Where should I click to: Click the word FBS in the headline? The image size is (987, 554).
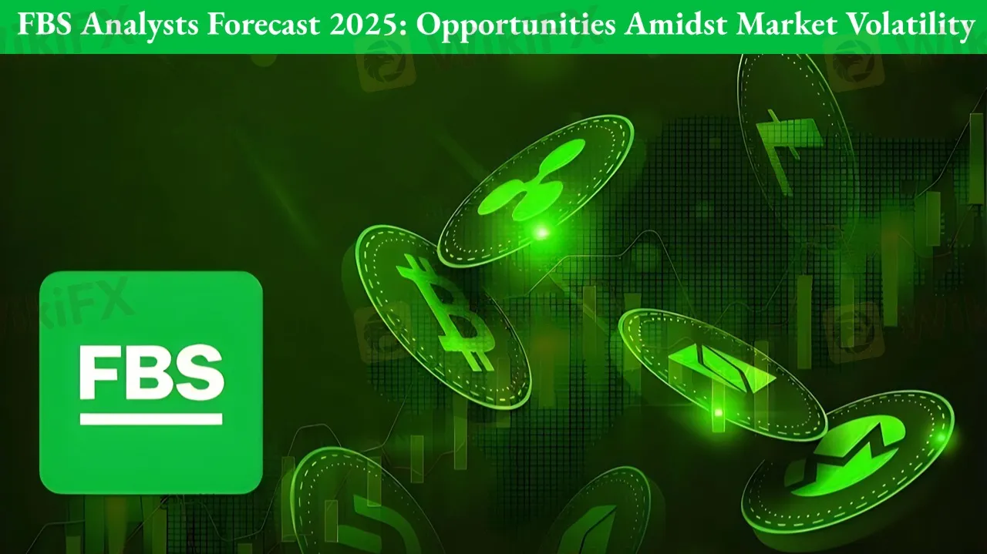pos(45,24)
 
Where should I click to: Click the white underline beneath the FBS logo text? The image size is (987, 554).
pos(151,419)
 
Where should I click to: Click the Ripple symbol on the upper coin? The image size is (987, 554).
pos(531,179)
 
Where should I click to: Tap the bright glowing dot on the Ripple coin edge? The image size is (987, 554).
pos(542,232)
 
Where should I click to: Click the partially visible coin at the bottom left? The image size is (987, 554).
pos(352,502)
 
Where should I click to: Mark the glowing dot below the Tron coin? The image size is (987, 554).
pos(718,413)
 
